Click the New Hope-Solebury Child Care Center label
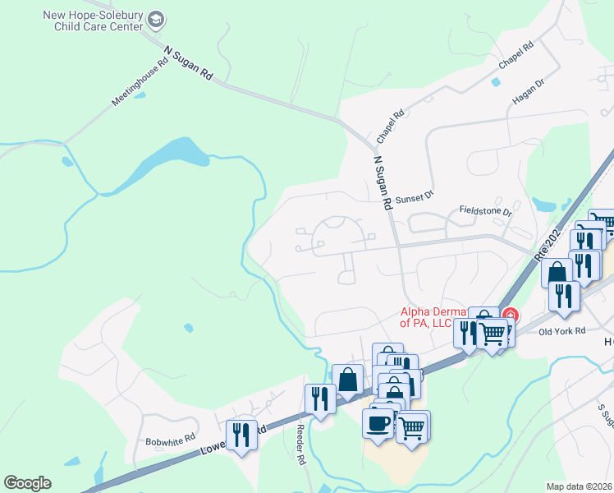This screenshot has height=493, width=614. [98, 21]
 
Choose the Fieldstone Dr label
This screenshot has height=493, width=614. [485, 211]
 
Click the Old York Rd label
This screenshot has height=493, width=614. [561, 331]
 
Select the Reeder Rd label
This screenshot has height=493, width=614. [300, 445]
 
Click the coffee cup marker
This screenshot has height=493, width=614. [378, 422]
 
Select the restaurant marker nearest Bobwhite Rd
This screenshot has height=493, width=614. [241, 433]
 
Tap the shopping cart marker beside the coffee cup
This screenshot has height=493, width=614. [413, 425]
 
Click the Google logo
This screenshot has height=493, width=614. [28, 483]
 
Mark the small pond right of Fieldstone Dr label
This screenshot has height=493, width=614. [543, 203]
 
